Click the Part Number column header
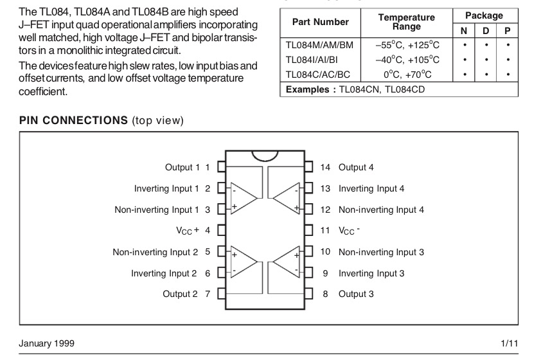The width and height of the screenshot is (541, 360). (320, 22)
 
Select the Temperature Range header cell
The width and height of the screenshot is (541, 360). (407, 22)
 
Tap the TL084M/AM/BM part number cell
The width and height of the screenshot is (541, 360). (319, 45)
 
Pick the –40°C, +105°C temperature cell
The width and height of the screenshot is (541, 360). (407, 60)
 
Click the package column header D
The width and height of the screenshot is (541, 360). (486, 31)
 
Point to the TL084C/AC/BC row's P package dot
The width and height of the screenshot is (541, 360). (508, 74)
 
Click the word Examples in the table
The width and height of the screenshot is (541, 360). (307, 90)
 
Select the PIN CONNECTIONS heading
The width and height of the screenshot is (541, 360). (73, 120)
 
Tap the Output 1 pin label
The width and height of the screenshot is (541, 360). (182, 167)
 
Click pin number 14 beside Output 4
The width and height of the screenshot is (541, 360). (325, 167)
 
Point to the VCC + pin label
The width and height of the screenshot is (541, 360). (188, 230)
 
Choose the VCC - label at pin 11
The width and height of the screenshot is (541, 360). (349, 231)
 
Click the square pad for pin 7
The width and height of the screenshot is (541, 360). (222, 294)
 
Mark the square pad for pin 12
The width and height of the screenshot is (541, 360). (308, 209)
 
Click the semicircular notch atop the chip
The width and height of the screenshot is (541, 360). (265, 156)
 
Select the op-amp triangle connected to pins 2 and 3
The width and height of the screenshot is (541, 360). (244, 198)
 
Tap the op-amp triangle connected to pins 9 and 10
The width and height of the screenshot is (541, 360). (287, 262)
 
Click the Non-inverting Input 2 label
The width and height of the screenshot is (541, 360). (155, 252)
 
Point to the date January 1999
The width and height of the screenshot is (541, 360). (46, 343)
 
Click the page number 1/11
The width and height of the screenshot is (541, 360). (510, 343)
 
